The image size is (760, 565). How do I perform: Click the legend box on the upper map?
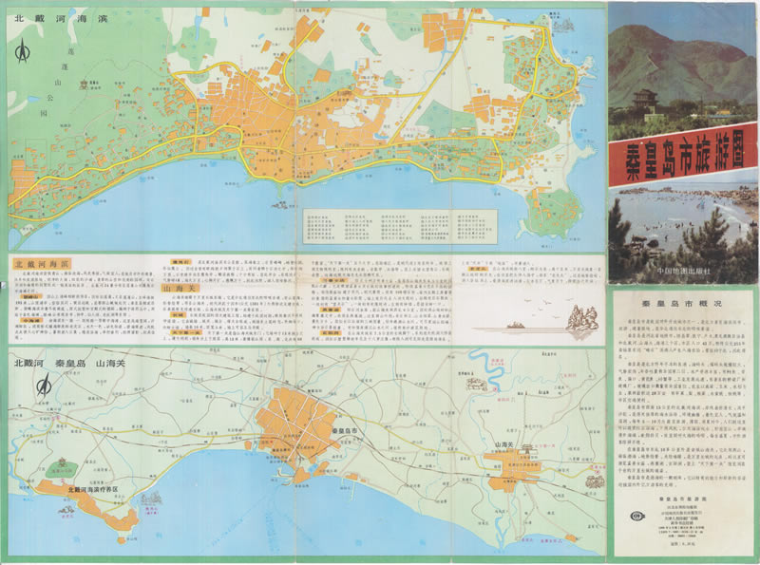click(396, 225)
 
